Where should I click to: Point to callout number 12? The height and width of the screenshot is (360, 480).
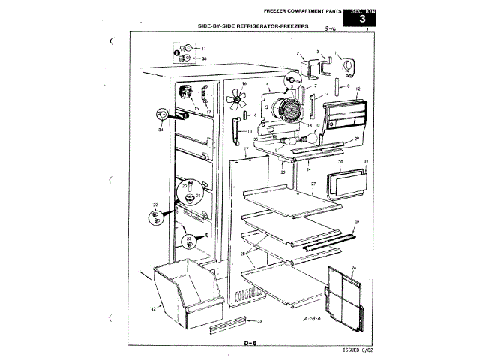[358, 89]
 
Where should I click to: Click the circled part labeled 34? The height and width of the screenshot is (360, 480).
[160, 114]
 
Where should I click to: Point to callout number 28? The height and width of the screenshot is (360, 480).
[242, 254]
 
